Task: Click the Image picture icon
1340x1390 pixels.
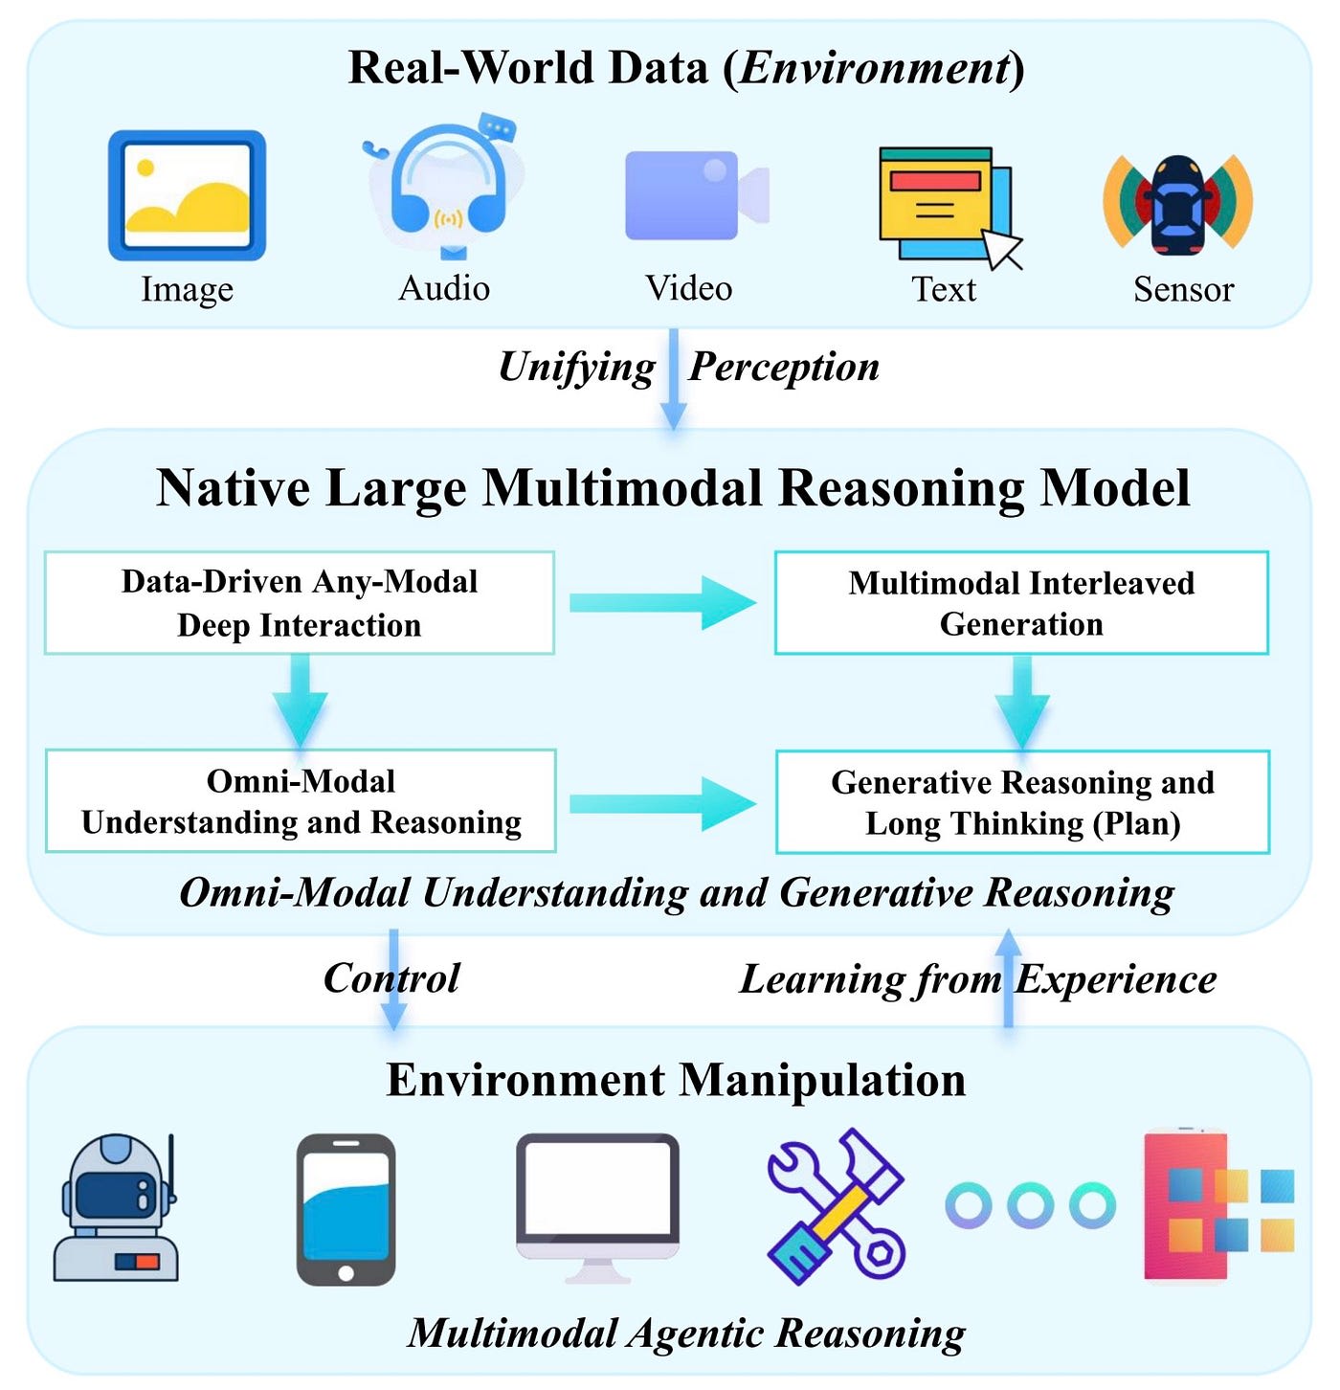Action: pos(187,195)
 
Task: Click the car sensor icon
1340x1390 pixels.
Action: pos(1177,203)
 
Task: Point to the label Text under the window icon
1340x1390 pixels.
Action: pos(944,289)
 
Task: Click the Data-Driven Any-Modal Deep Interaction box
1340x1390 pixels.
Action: pos(300,603)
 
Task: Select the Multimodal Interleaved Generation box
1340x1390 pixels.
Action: pos(1021,603)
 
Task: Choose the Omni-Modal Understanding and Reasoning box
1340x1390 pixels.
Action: pos(301,801)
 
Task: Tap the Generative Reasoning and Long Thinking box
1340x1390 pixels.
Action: pos(1022,802)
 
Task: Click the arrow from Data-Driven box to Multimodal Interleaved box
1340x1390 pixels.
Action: pos(662,602)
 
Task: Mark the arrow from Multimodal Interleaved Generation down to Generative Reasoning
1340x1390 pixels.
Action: pos(1022,703)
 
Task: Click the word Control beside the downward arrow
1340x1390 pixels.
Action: pos(391,978)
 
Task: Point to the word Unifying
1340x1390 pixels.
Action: pos(576,367)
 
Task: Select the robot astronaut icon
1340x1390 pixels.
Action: pos(117,1208)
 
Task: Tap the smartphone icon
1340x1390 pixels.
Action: pos(346,1209)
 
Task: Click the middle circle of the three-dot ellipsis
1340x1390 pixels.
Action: pos(1031,1205)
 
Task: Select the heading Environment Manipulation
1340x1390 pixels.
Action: pos(676,1080)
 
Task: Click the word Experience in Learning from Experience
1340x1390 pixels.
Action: pos(1116,979)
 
